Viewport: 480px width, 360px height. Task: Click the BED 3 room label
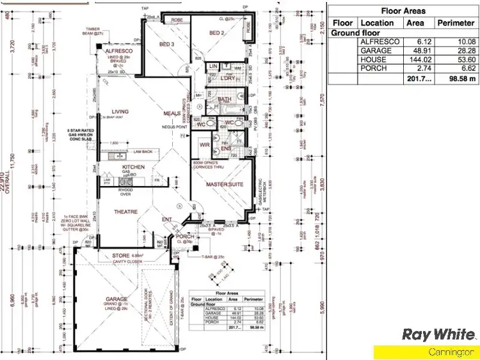[166, 44]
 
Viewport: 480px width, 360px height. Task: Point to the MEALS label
[172, 113]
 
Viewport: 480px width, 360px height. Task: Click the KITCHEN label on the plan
[134, 167]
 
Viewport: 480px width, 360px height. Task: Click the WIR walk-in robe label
[205, 145]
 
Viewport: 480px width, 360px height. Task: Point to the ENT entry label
[167, 219]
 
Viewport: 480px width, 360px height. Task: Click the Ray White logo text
[438, 334]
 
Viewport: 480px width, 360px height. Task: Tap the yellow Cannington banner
[426, 352]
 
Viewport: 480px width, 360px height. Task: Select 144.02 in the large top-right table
[415, 59]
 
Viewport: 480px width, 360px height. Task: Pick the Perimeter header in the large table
[456, 22]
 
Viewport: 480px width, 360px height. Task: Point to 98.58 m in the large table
[456, 79]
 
